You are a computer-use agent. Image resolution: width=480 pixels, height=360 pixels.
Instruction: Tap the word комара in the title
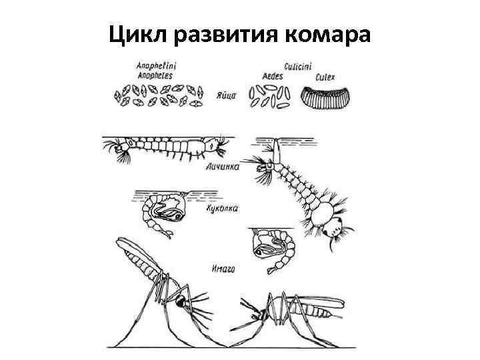(x=327, y=33)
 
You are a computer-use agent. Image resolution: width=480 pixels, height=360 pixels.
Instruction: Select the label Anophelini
(x=152, y=66)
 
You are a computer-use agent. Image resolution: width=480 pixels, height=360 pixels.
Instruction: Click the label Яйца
(x=226, y=95)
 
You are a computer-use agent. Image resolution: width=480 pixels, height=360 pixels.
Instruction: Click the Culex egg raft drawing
(x=325, y=97)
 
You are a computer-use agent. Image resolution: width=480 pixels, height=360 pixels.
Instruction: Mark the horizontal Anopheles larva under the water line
(x=167, y=147)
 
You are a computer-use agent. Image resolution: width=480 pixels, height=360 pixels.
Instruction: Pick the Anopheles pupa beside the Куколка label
(x=161, y=213)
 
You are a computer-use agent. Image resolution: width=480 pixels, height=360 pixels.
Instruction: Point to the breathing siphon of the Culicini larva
(x=275, y=153)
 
